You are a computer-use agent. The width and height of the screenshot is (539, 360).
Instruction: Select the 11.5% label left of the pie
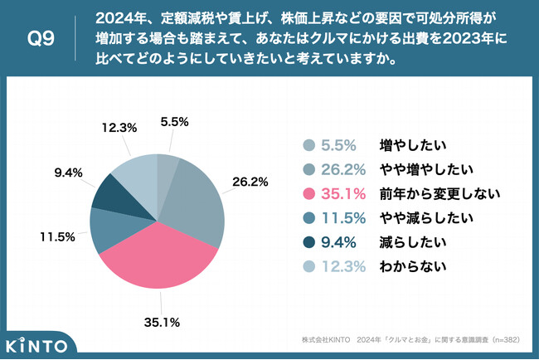point(57,236)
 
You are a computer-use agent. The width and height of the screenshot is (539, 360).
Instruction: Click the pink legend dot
point(309,194)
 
